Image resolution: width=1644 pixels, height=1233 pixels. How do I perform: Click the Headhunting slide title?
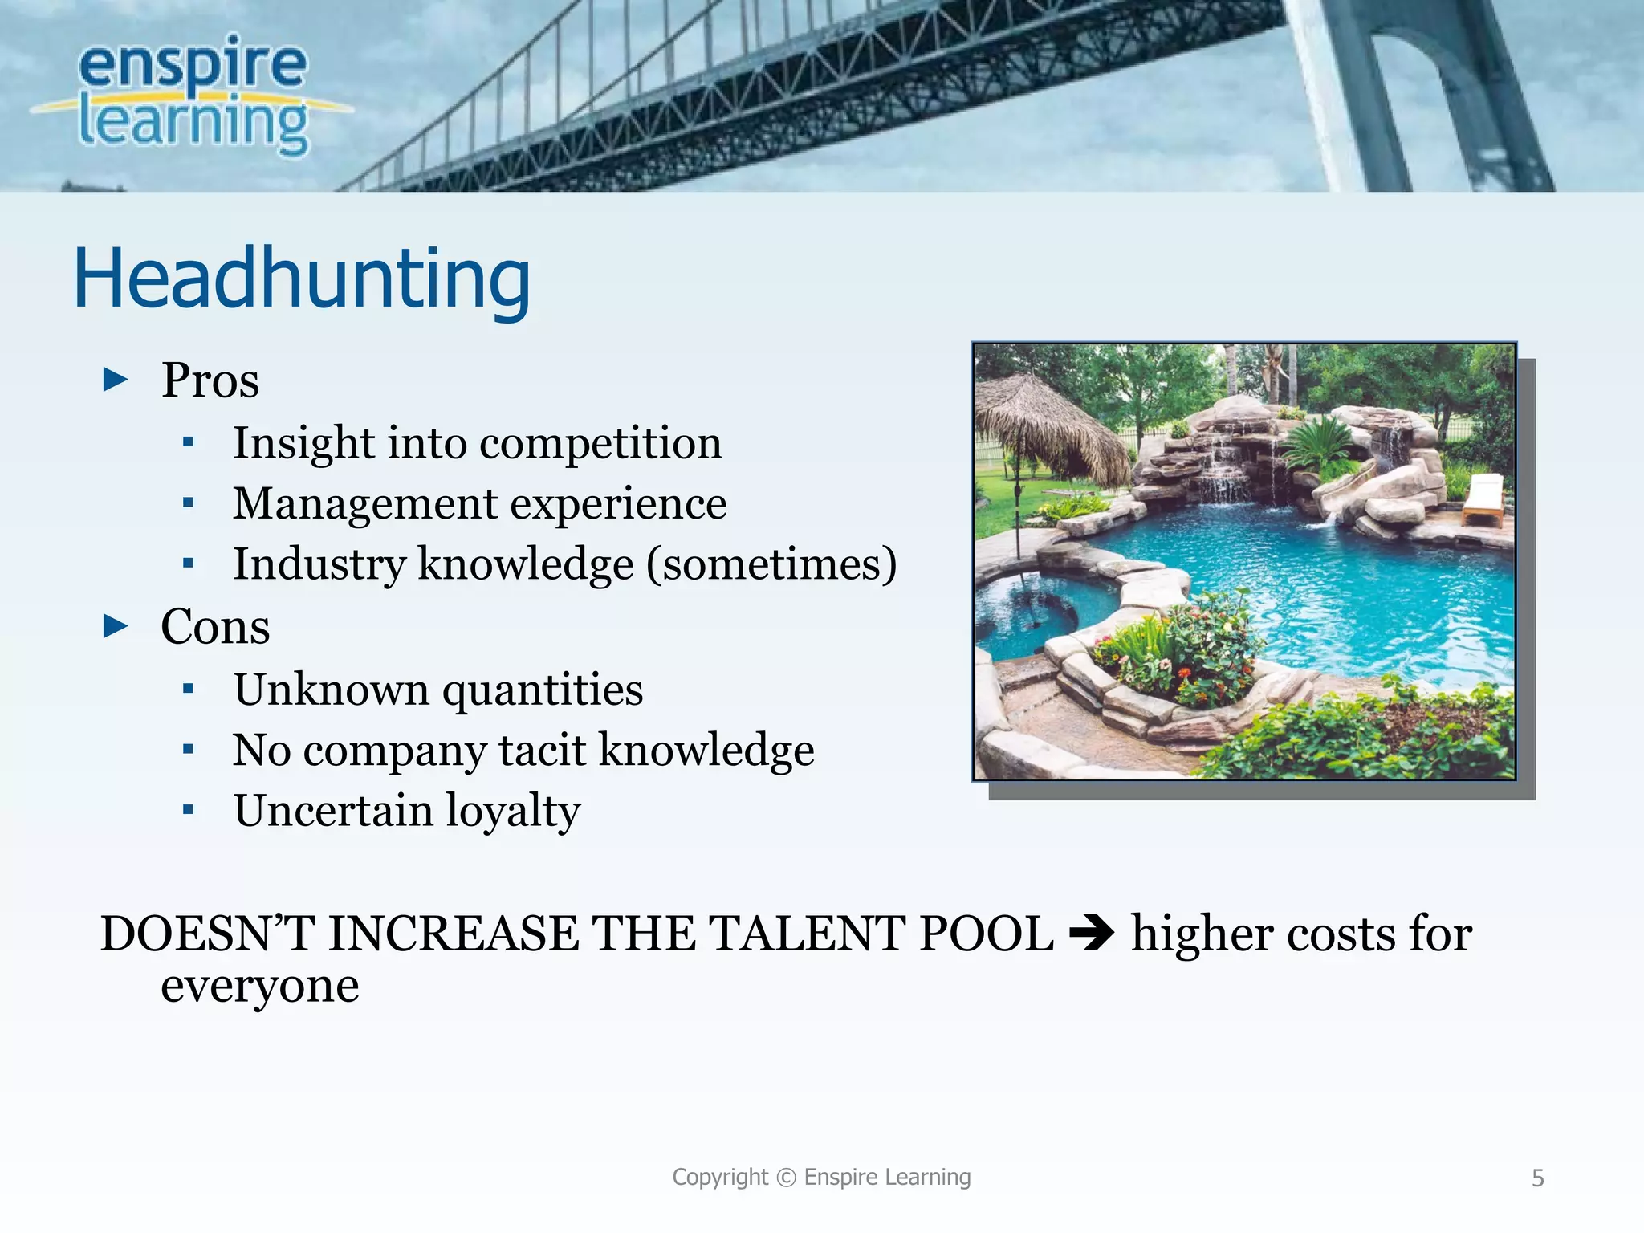pos(302,278)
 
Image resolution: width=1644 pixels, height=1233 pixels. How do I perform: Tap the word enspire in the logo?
pos(193,64)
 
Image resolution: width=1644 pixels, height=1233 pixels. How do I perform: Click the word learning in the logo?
pos(193,124)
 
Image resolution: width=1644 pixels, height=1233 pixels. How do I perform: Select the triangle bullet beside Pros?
pos(116,380)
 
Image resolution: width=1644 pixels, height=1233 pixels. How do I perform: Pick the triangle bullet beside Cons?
pos(116,626)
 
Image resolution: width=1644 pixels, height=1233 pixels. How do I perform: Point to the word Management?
pos(365,504)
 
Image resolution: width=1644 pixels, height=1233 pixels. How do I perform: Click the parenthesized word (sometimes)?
pos(771,564)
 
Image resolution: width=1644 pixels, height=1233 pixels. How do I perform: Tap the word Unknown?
pos(331,690)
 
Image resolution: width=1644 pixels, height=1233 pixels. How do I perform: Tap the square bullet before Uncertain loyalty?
pos(188,810)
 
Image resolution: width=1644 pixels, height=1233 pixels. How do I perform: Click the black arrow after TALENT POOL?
pos(1091,934)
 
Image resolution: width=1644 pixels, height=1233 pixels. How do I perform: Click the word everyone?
pos(259,986)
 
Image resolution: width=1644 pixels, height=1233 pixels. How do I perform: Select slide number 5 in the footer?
pos(1537,1178)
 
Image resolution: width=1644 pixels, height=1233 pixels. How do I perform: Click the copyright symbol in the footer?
pos(786,1178)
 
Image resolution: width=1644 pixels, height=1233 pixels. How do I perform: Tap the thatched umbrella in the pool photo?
pos(1044,421)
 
